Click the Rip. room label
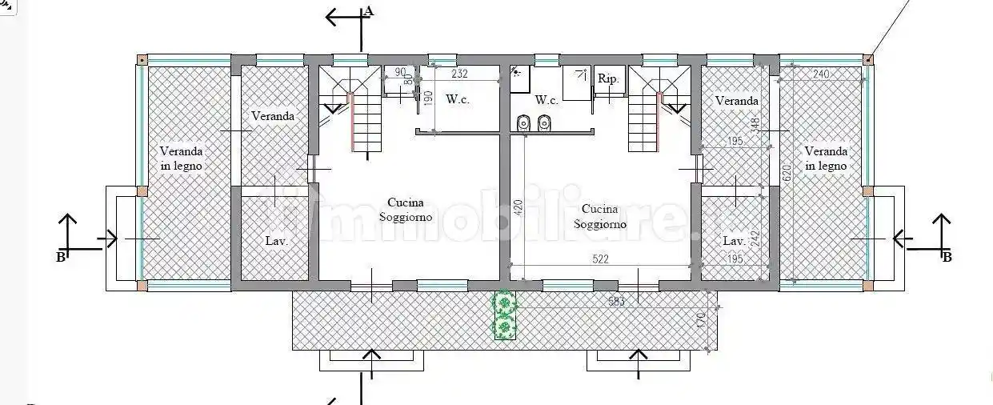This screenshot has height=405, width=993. [x=608, y=78]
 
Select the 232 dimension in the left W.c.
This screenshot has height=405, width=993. [x=458, y=74]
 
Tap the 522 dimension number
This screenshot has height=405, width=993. [x=601, y=259]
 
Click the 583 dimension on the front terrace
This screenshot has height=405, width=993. [x=617, y=301]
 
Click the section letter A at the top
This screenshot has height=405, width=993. [x=368, y=10]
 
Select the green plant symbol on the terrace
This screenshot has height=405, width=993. [x=503, y=315]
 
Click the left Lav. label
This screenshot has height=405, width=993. [x=276, y=240]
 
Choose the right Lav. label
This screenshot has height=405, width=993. [x=734, y=240]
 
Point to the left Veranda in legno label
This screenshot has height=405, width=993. [x=181, y=158]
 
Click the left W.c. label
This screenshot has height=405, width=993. [x=457, y=100]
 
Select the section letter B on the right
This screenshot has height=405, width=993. [x=947, y=257]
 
